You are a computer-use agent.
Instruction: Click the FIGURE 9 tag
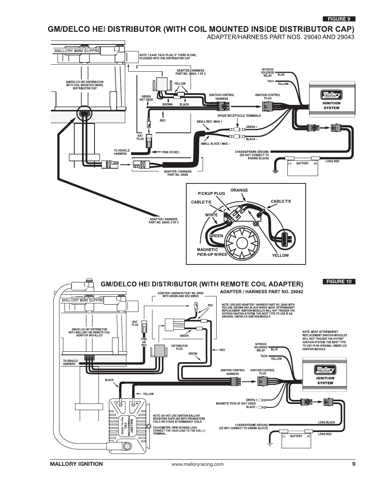(339, 19)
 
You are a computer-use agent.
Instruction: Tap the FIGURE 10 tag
(339, 282)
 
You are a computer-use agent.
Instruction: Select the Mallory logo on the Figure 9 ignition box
(331, 95)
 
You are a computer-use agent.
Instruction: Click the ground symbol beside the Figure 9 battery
(275, 171)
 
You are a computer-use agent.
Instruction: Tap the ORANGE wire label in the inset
(239, 190)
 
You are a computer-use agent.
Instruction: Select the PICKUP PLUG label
(211, 194)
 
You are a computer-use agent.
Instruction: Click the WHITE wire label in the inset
(211, 215)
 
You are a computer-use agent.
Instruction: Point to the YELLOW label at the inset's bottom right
(280, 255)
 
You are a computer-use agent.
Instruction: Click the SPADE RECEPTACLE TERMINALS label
(239, 116)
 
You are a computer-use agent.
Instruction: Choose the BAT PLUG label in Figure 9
(140, 137)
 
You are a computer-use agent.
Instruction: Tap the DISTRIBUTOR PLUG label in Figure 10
(179, 347)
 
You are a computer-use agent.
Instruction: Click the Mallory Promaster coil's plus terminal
(133, 405)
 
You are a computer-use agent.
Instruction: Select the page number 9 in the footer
(354, 464)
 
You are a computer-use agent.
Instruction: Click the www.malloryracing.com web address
(197, 464)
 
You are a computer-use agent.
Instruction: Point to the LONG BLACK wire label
(326, 422)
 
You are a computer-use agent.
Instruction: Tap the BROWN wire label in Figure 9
(168, 104)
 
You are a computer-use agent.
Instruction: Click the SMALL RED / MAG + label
(209, 122)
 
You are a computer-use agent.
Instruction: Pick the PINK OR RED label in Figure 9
(170, 152)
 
